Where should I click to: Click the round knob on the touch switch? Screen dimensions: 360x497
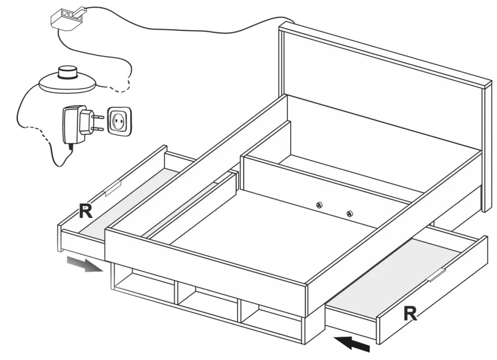pos(66,72)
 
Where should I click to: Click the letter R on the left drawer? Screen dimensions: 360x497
pos(86,211)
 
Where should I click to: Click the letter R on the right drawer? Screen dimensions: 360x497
pos(410,313)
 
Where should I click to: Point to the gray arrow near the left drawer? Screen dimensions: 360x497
pos(85,265)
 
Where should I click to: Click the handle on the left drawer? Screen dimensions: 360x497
pos(112,188)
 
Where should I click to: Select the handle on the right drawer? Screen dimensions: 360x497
pos(437,275)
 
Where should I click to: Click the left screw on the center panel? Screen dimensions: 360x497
pos(319,205)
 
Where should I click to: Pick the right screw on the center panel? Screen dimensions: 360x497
pos(349,214)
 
